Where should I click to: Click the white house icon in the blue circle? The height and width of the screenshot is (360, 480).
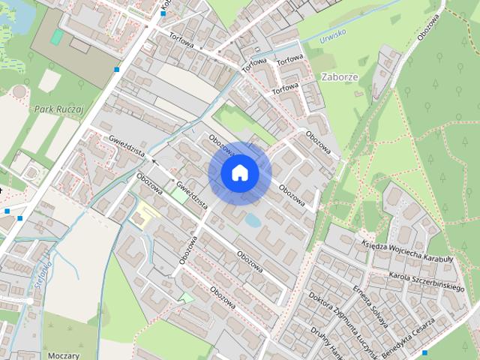pyautogui.click(x=239, y=172)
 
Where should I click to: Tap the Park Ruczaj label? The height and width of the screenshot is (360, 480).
pyautogui.click(x=58, y=109)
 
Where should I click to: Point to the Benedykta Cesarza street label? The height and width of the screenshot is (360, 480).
pyautogui.click(x=408, y=335)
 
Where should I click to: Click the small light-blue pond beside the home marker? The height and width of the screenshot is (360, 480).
pyautogui.click(x=253, y=221)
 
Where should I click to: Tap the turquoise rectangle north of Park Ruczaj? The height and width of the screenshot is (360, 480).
pyautogui.click(x=57, y=37)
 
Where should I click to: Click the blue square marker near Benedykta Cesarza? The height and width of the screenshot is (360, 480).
pyautogui.click(x=424, y=352)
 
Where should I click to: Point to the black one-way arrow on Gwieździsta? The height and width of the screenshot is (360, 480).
pyautogui.click(x=154, y=160)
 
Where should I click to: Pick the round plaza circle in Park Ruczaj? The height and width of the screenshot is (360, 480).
pyautogui.click(x=19, y=91)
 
